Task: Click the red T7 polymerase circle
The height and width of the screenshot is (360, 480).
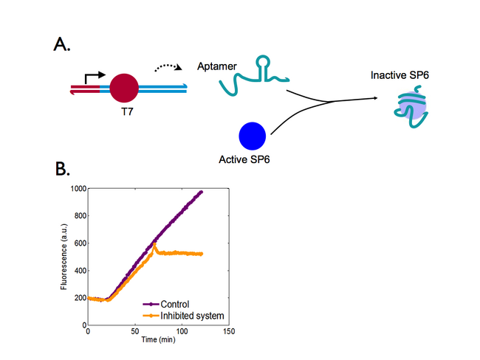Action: click(x=124, y=89)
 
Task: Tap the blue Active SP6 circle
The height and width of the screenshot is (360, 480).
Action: click(x=253, y=135)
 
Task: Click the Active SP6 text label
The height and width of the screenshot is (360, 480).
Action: click(x=244, y=159)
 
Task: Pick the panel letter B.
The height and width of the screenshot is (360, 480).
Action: click(x=63, y=170)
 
